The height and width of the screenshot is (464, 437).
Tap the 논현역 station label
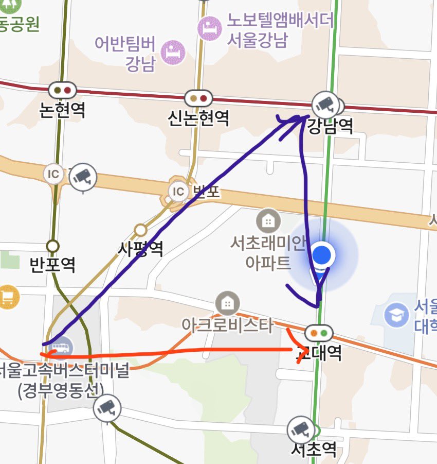tap(62, 109)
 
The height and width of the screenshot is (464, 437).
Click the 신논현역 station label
tap(198, 118)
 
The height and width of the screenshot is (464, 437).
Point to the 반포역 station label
tap(52, 264)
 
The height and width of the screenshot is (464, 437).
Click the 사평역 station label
tap(140, 249)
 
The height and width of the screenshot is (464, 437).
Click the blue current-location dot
tap(323, 254)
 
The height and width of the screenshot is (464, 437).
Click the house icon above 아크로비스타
tap(225, 302)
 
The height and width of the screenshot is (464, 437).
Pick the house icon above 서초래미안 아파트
tap(268, 221)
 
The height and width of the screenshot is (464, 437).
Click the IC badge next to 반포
tap(178, 192)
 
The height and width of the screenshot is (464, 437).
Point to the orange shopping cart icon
tap(8, 297)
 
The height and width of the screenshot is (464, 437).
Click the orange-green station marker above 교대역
tap(318, 333)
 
